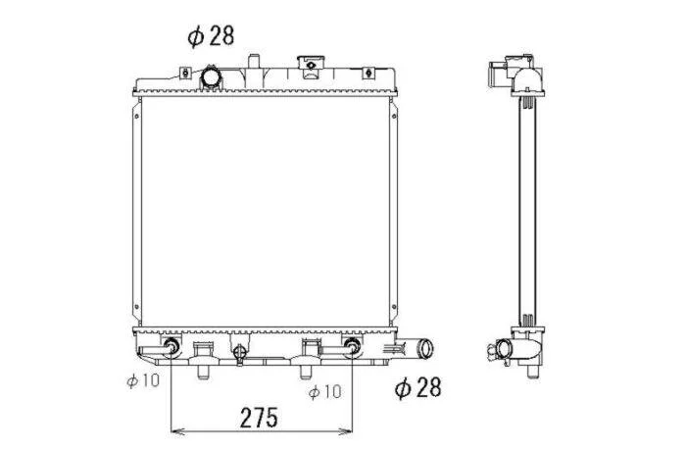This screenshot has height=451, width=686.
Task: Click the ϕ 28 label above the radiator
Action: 211,36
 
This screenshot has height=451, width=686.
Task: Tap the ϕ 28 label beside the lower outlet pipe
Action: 417,387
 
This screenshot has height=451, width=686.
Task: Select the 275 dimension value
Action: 259,418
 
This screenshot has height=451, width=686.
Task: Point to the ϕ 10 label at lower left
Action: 143,380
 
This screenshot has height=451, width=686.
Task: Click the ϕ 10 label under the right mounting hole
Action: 324,391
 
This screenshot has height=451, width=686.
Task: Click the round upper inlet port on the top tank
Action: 211,77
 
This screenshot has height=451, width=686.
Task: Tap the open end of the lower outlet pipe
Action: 425,349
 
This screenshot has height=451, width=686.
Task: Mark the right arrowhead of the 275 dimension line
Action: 346,431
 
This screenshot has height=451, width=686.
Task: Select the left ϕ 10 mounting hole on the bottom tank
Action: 171,347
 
